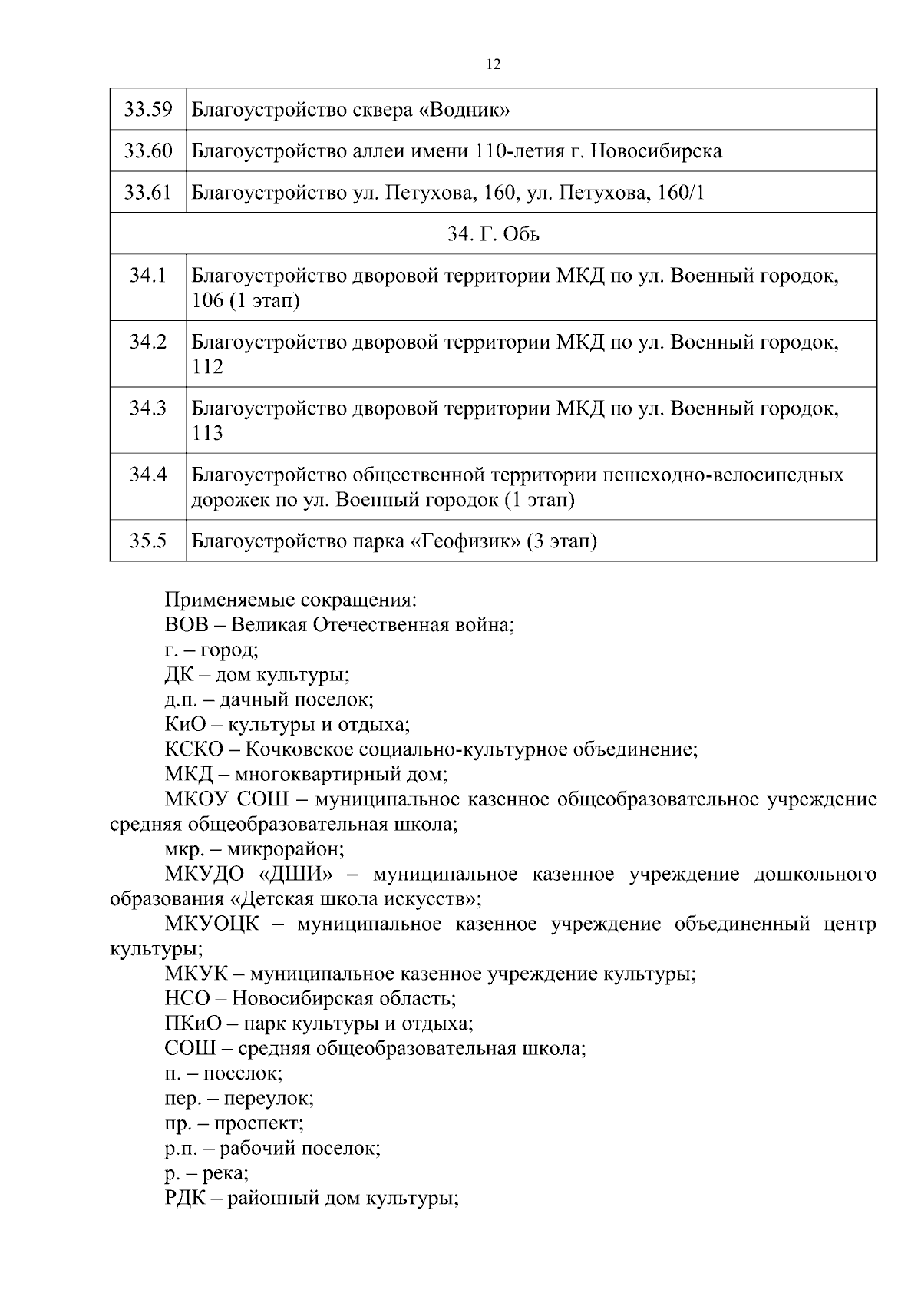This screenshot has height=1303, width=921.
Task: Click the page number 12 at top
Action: (494, 64)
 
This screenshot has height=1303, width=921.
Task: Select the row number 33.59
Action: (148, 110)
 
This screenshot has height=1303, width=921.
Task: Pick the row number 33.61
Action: (148, 193)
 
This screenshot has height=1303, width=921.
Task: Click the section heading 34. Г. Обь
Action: (494, 234)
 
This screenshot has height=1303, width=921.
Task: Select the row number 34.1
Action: (148, 276)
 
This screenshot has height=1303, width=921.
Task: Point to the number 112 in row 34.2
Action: (207, 367)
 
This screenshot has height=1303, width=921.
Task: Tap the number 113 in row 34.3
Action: (207, 434)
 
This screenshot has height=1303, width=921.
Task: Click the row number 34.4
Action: (148, 475)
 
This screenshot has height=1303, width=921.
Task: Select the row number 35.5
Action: (148, 541)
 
